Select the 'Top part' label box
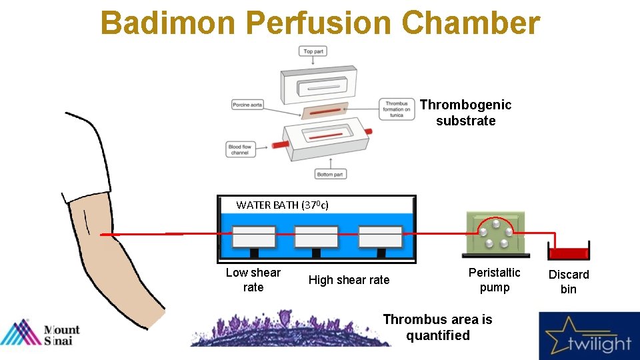313,51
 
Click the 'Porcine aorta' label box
248,105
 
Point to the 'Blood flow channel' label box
240,149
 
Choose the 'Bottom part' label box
331,174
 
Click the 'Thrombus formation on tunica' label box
397,109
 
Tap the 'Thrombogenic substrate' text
465,113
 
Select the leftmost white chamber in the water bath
253,237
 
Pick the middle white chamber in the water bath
316,237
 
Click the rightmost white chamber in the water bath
380,237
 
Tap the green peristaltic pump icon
494,234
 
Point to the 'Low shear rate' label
253,280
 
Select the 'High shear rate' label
349,280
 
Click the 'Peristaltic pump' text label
494,280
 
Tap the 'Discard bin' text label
569,281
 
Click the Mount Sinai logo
40,333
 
